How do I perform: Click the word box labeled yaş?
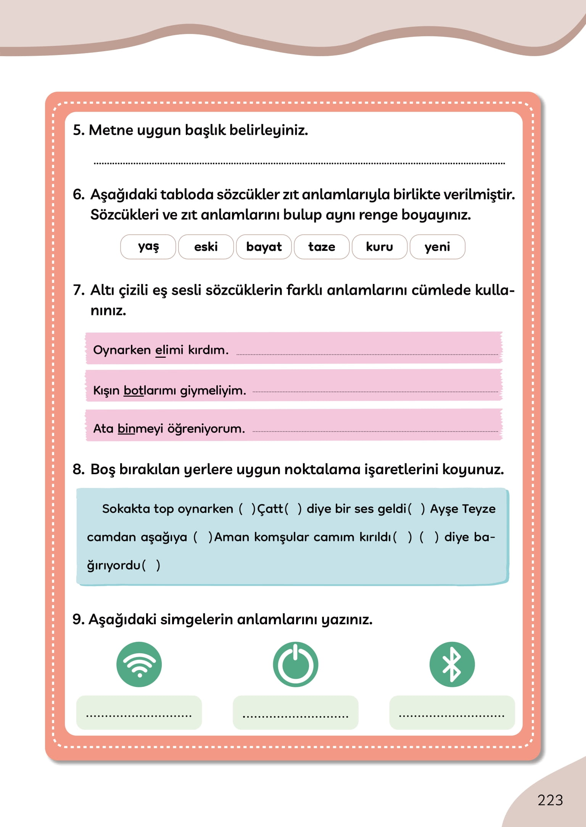point(148,247)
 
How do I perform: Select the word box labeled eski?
point(206,247)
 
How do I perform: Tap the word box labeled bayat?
point(264,247)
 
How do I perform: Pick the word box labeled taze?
point(322,247)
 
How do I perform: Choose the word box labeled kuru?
point(380,247)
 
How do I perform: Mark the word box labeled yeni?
point(437,247)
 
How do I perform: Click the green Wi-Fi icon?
point(139,664)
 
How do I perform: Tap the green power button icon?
point(296,664)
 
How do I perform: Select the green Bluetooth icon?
point(452,664)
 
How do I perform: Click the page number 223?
point(550,800)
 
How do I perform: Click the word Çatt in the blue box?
point(270,509)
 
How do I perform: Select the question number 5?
point(78,130)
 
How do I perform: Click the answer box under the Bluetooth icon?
point(452,712)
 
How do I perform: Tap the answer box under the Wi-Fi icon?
point(139,712)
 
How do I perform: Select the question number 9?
point(78,619)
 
